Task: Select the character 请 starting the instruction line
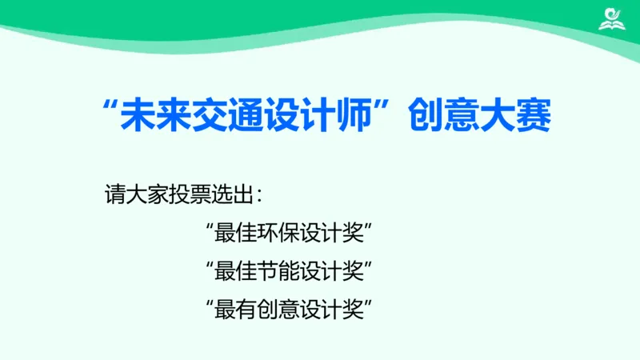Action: click(114, 194)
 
